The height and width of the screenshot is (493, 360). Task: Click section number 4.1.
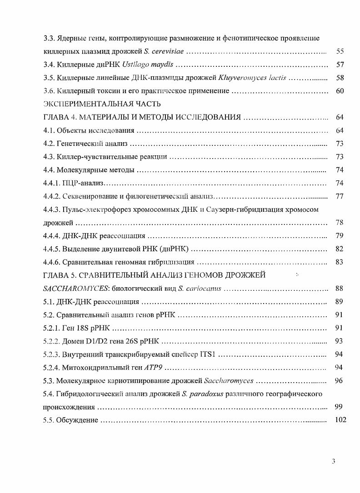pyautogui.click(x=49, y=131)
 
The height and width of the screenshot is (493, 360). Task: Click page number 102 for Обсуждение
pyautogui.click(x=340, y=420)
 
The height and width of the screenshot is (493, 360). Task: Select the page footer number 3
pyautogui.click(x=333, y=462)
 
